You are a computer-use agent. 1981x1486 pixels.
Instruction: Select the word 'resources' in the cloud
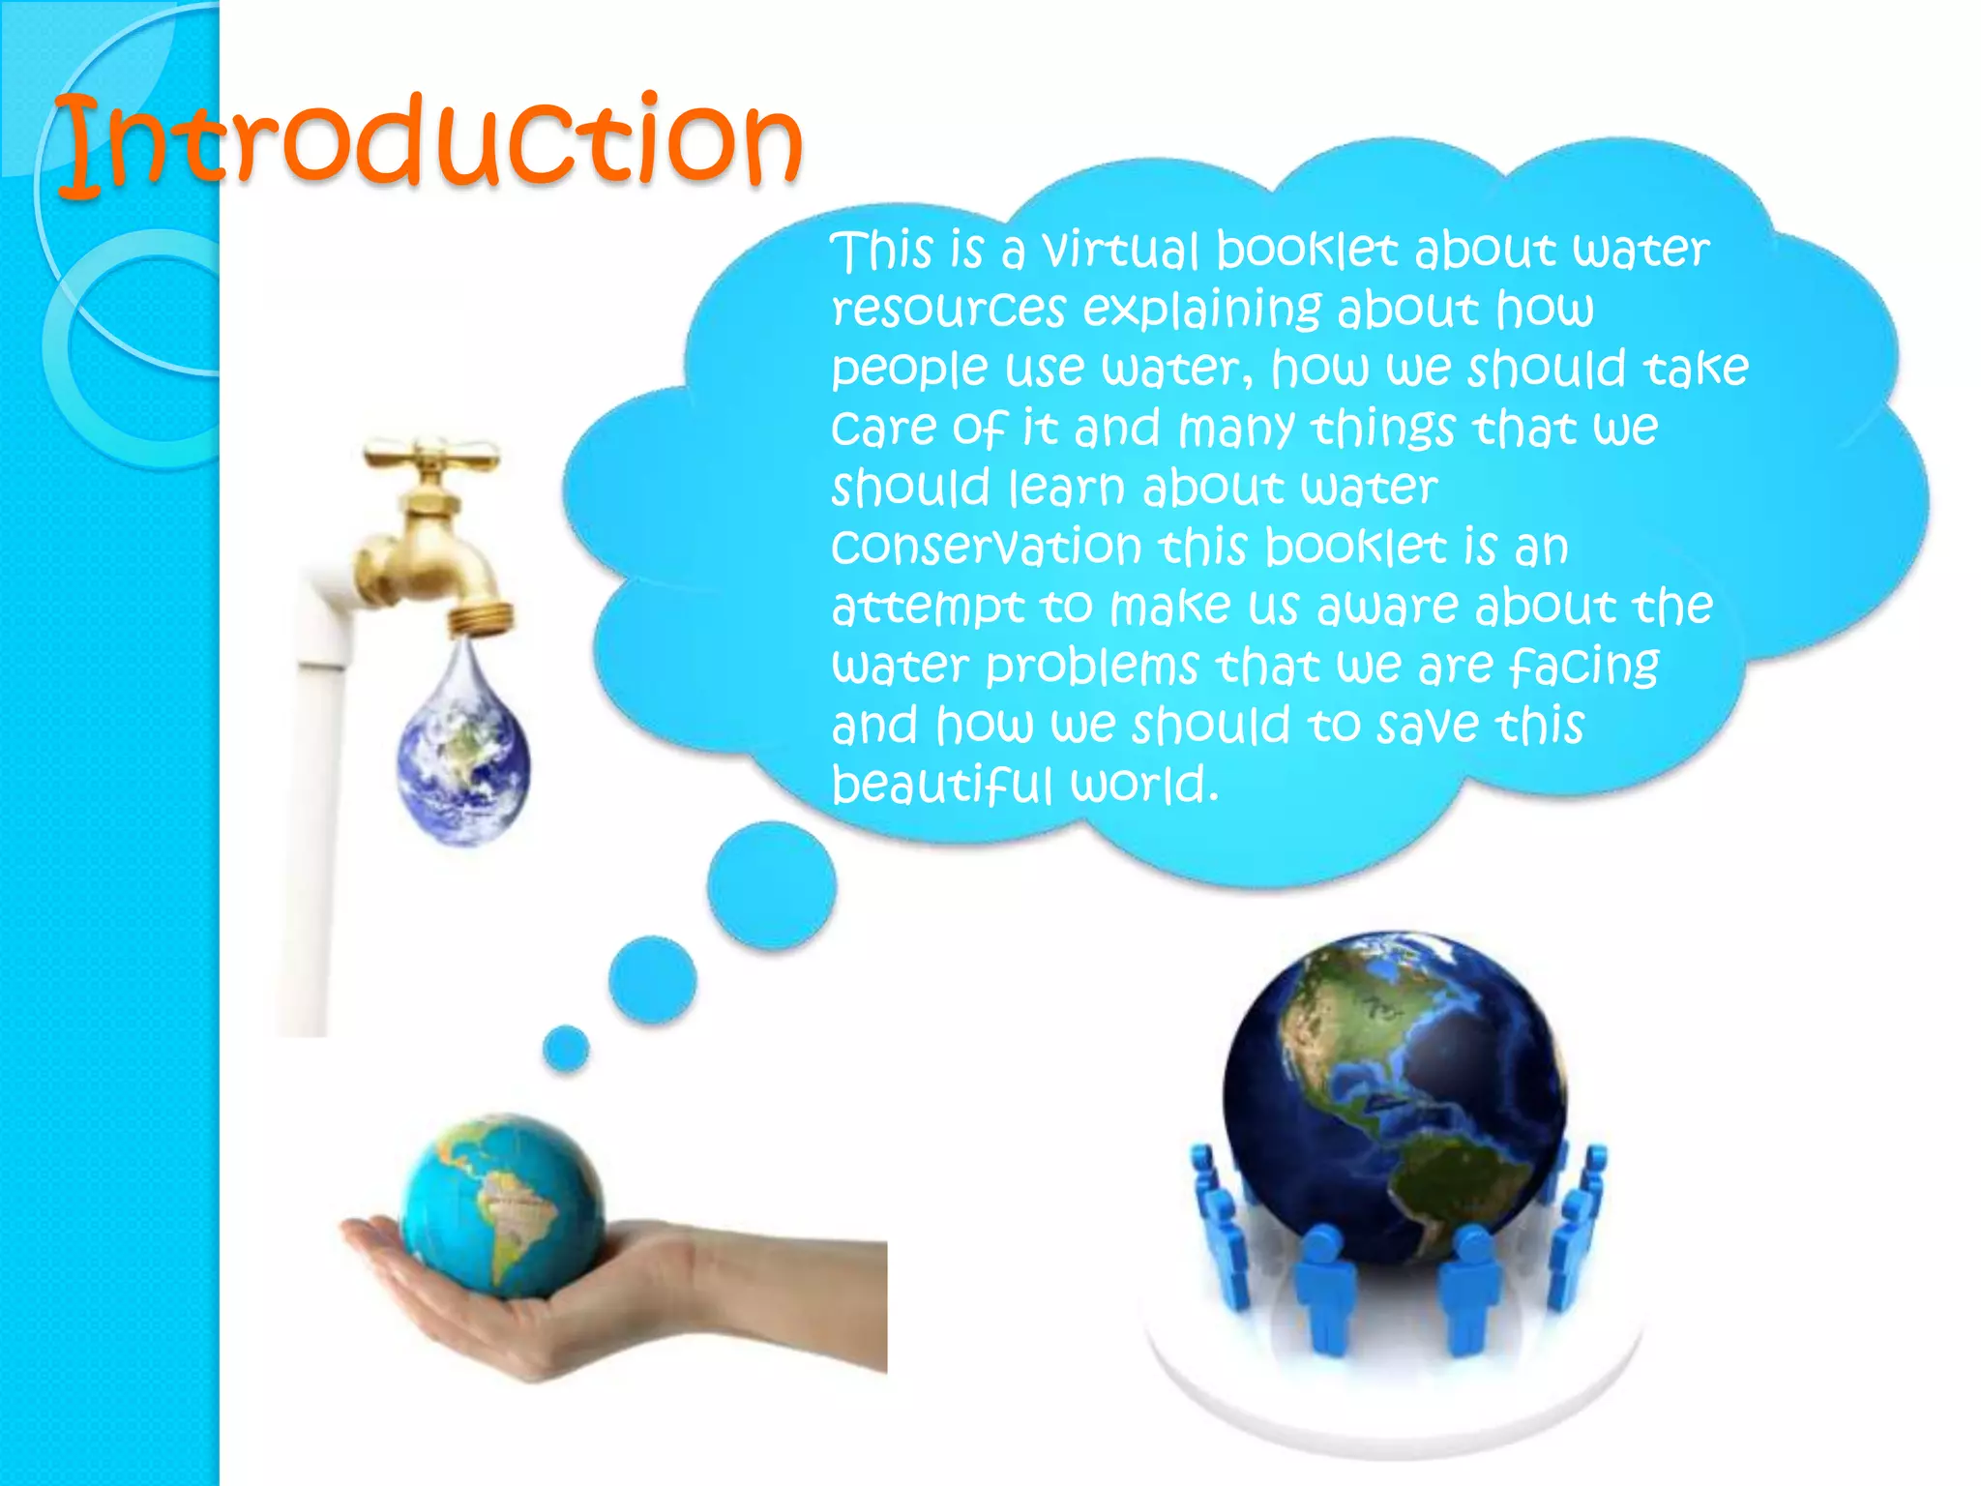pos(948,310)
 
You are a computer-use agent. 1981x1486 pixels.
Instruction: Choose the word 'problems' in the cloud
pos(1092,667)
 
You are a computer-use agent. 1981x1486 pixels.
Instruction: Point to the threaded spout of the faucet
pos(481,616)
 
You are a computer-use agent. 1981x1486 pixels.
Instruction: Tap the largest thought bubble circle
pos(771,884)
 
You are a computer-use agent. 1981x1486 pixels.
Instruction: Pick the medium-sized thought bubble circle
pos(652,979)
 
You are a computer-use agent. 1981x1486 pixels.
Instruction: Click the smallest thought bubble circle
pos(566,1049)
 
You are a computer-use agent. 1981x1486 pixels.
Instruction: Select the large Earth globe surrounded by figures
pos(1393,1093)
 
